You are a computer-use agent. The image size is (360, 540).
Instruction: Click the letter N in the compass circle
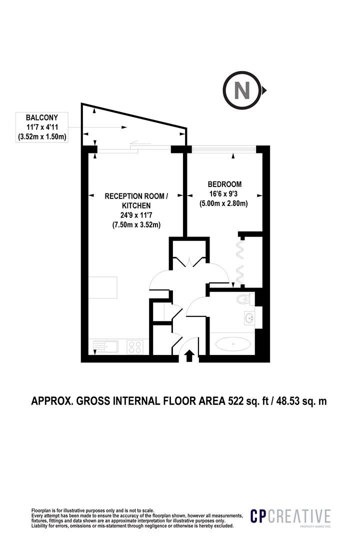click(x=242, y=90)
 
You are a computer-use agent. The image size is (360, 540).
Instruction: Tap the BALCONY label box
click(x=42, y=127)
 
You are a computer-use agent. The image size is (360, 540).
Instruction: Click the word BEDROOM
click(x=224, y=184)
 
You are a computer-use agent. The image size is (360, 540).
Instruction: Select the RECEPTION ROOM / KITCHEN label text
click(x=136, y=201)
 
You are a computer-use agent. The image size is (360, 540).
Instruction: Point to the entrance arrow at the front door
click(x=189, y=356)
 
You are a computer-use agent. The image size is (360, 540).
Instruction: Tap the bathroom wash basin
click(x=248, y=318)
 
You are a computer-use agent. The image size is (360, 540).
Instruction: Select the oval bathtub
click(x=233, y=344)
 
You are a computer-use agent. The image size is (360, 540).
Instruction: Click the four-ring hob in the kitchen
click(x=135, y=347)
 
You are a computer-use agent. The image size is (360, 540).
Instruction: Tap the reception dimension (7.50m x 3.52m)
click(x=136, y=225)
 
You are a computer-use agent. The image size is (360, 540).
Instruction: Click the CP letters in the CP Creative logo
click(x=258, y=516)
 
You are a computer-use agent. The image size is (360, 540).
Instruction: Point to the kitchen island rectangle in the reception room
click(x=102, y=287)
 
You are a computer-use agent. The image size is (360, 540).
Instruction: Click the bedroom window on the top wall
click(x=224, y=149)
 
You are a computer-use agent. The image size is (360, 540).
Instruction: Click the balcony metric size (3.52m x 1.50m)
click(x=42, y=136)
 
